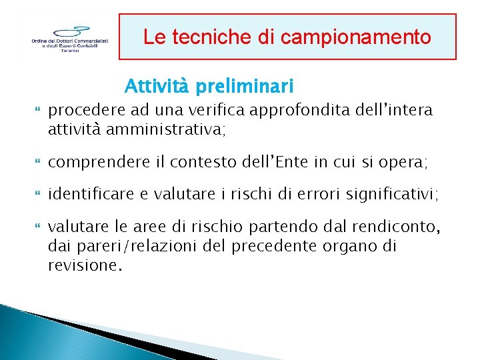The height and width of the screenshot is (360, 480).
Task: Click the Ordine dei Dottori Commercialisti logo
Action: tap(69, 39)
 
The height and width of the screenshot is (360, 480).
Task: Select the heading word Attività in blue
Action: tap(155, 86)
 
